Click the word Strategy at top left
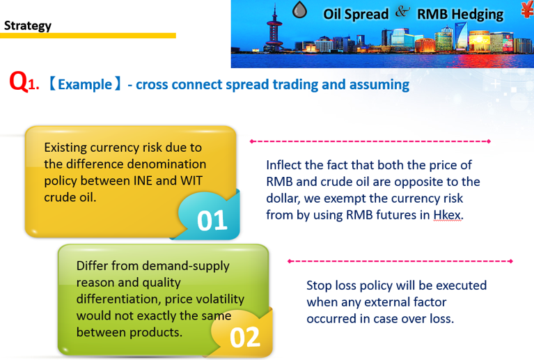pyautogui.click(x=28, y=26)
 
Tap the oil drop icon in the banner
pyautogui.click(x=299, y=10)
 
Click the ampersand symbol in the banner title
pyautogui.click(x=402, y=12)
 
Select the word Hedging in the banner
pyautogui.click(x=478, y=15)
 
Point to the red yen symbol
pyautogui.click(x=528, y=10)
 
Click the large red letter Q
pyautogui.click(x=19, y=81)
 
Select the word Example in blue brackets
pyautogui.click(x=85, y=84)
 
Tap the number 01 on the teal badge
pyautogui.click(x=212, y=220)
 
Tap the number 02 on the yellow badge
pyautogui.click(x=245, y=337)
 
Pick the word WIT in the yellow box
pyautogui.click(x=191, y=180)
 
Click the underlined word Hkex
pyautogui.click(x=448, y=215)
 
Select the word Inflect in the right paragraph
pyautogui.click(x=284, y=165)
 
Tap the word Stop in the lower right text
pyautogui.click(x=319, y=285)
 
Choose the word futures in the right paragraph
pyautogui.click(x=403, y=215)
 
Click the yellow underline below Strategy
pyautogui.click(x=88, y=36)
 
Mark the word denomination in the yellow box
pyautogui.click(x=136, y=164)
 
